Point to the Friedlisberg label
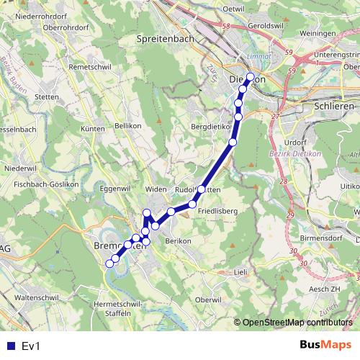click(x=219, y=210)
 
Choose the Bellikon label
click(x=128, y=125)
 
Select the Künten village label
click(x=93, y=128)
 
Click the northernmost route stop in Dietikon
click(x=250, y=76)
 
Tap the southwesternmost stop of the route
click(x=109, y=264)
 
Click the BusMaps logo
click(x=328, y=346)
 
